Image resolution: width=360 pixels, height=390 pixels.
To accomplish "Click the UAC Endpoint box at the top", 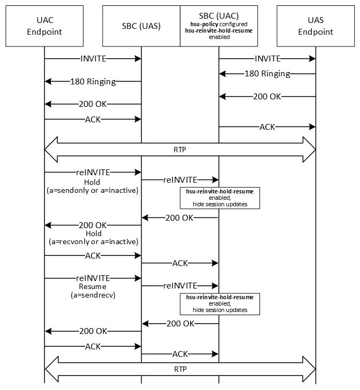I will (x=44, y=26).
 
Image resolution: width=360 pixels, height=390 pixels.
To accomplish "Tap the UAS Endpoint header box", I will (x=316, y=26).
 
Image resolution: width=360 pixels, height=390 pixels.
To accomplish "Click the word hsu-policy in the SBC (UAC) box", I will (x=205, y=24).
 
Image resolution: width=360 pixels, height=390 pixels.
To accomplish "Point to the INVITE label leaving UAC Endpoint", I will (x=93, y=58).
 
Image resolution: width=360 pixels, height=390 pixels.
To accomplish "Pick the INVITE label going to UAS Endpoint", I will (x=267, y=58).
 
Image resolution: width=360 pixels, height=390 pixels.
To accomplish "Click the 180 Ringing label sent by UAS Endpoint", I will (x=267, y=73).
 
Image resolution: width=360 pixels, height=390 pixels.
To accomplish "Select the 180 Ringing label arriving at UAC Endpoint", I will (x=93, y=82).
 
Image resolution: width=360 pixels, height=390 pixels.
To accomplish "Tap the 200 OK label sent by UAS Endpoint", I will (x=267, y=97).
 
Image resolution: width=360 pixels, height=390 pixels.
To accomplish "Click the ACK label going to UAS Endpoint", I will (x=267, y=127).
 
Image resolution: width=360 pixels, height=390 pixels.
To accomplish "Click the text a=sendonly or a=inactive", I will (x=93, y=189).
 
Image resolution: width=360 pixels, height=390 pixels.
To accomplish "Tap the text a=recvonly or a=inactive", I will (x=93, y=241).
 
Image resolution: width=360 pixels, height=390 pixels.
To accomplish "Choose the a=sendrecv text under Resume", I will (x=93, y=294).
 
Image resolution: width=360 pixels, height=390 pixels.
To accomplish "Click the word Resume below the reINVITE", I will (x=93, y=286).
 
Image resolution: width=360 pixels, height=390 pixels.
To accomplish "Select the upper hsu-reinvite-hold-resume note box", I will (x=219, y=197).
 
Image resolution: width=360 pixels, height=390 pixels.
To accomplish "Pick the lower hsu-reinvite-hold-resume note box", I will (x=219, y=303).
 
